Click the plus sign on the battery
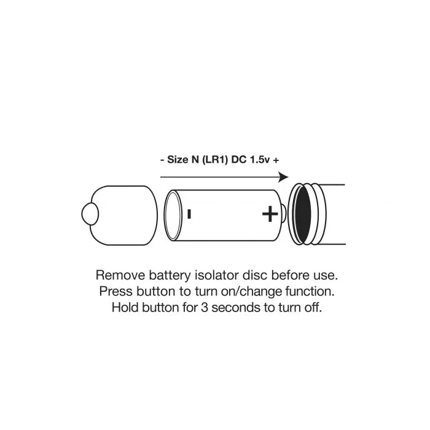[270, 214]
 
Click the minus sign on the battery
[189, 214]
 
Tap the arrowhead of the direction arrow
[284, 177]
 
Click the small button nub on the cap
[90, 214]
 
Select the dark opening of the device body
[303, 214]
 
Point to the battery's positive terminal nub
[284, 214]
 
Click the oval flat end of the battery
[173, 215]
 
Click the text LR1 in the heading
[215, 159]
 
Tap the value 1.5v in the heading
[260, 160]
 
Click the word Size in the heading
[178, 159]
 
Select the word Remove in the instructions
[120, 275]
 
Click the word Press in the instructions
[116, 291]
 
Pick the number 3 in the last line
[205, 307]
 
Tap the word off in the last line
[313, 307]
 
